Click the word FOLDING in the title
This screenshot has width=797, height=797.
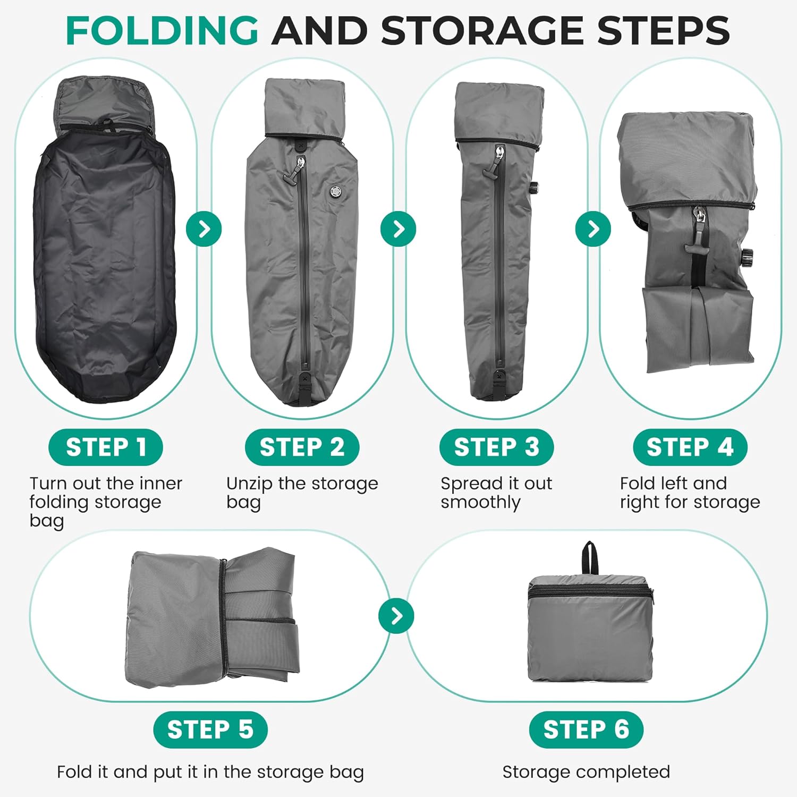[162, 30]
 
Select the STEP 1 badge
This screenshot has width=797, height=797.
[106, 447]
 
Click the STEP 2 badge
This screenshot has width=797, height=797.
[302, 447]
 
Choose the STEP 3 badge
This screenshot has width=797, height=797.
[496, 447]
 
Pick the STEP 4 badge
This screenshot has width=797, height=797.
[690, 447]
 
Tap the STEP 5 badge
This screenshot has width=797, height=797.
[210, 730]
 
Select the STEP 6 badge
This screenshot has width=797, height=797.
[586, 730]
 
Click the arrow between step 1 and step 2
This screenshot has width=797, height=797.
[204, 229]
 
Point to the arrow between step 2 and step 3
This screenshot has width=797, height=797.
[398, 229]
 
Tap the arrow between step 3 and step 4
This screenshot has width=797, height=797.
[593, 229]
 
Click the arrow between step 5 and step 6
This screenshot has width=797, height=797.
[396, 616]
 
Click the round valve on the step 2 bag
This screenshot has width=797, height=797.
[336, 190]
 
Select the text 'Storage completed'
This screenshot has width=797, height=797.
[586, 771]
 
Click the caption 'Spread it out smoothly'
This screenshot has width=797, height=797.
[496, 493]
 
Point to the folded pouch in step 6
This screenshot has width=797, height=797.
[590, 630]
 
